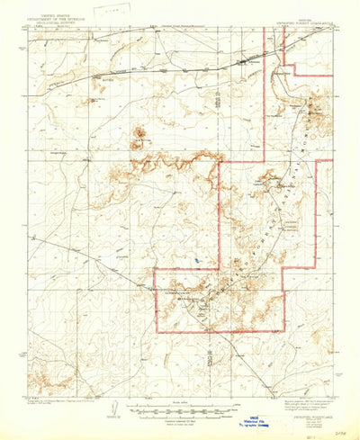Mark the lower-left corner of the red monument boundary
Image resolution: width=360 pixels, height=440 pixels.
pyautogui.click(x=155, y=332)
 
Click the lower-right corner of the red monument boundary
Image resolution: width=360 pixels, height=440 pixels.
pyautogui.click(x=283, y=332)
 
